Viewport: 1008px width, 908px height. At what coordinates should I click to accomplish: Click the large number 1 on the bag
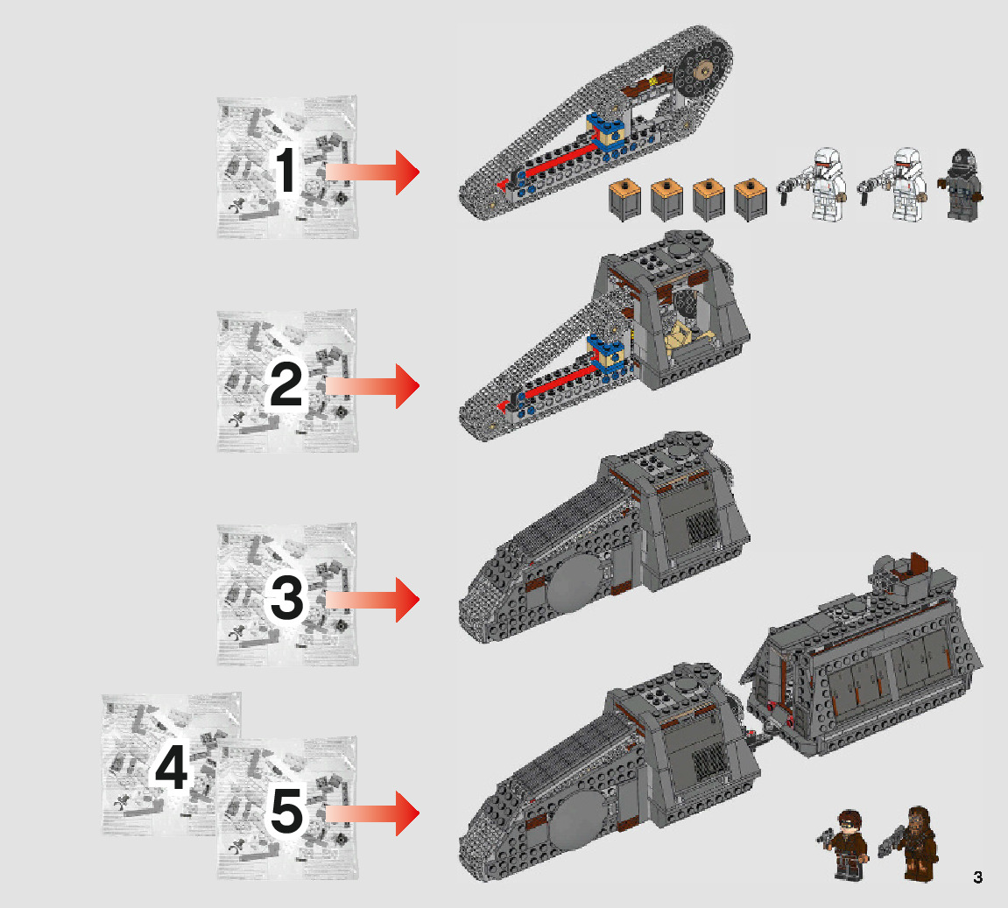click(285, 172)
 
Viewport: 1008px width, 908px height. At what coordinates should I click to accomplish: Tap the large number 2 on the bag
click(285, 385)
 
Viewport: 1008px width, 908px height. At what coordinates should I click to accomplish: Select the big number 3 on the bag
click(286, 600)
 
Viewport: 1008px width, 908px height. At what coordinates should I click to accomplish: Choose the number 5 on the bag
click(286, 813)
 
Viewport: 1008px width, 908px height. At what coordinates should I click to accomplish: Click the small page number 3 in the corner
click(977, 877)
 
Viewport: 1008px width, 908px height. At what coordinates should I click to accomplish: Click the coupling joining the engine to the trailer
click(759, 738)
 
